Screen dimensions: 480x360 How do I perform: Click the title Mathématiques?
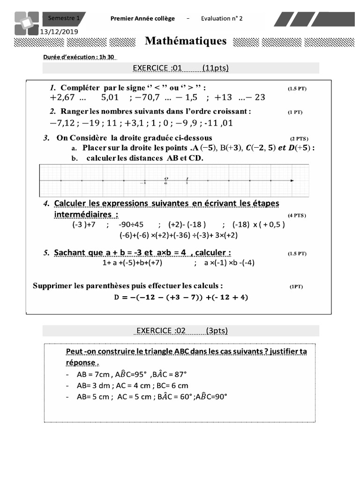click(186, 41)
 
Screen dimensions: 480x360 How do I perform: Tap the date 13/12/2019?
click(59, 31)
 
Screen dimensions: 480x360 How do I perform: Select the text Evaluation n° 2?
click(222, 18)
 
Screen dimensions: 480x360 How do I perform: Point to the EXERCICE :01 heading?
click(157, 68)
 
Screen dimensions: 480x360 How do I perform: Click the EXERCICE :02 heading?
click(161, 330)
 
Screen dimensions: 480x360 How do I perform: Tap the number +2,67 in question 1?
click(63, 98)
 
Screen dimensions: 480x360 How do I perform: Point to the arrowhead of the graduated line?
click(292, 180)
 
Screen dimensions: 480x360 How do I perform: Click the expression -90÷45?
click(131, 224)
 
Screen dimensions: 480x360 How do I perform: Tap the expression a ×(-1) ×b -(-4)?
click(229, 263)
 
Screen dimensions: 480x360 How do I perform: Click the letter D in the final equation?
click(117, 297)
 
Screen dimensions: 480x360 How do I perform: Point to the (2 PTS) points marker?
click(299, 139)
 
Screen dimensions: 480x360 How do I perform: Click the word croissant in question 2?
click(229, 112)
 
